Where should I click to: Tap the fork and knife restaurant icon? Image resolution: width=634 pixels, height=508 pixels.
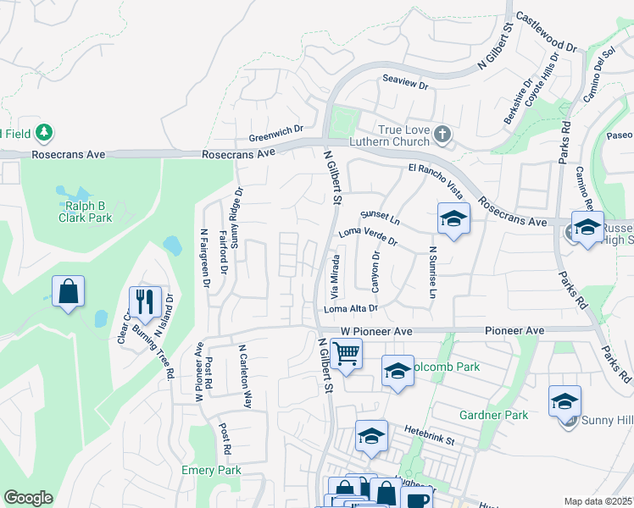pyautogui.click(x=145, y=301)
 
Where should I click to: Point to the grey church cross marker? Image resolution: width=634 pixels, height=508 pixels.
pyautogui.click(x=442, y=134)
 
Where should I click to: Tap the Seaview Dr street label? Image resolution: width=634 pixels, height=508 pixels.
pyautogui.click(x=405, y=86)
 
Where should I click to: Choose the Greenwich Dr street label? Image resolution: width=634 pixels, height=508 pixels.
pyautogui.click(x=275, y=130)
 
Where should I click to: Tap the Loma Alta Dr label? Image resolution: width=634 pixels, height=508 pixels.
pyautogui.click(x=350, y=310)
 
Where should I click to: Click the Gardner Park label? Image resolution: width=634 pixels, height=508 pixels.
pyautogui.click(x=493, y=415)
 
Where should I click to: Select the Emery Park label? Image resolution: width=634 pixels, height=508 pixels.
pyautogui.click(x=211, y=470)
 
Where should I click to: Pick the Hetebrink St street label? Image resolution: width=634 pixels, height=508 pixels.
pyautogui.click(x=430, y=435)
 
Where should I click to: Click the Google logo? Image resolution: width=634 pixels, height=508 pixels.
pyautogui.click(x=28, y=498)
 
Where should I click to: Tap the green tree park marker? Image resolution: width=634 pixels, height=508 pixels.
pyautogui.click(x=44, y=133)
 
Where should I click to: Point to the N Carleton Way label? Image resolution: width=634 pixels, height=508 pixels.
pyautogui.click(x=246, y=376)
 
